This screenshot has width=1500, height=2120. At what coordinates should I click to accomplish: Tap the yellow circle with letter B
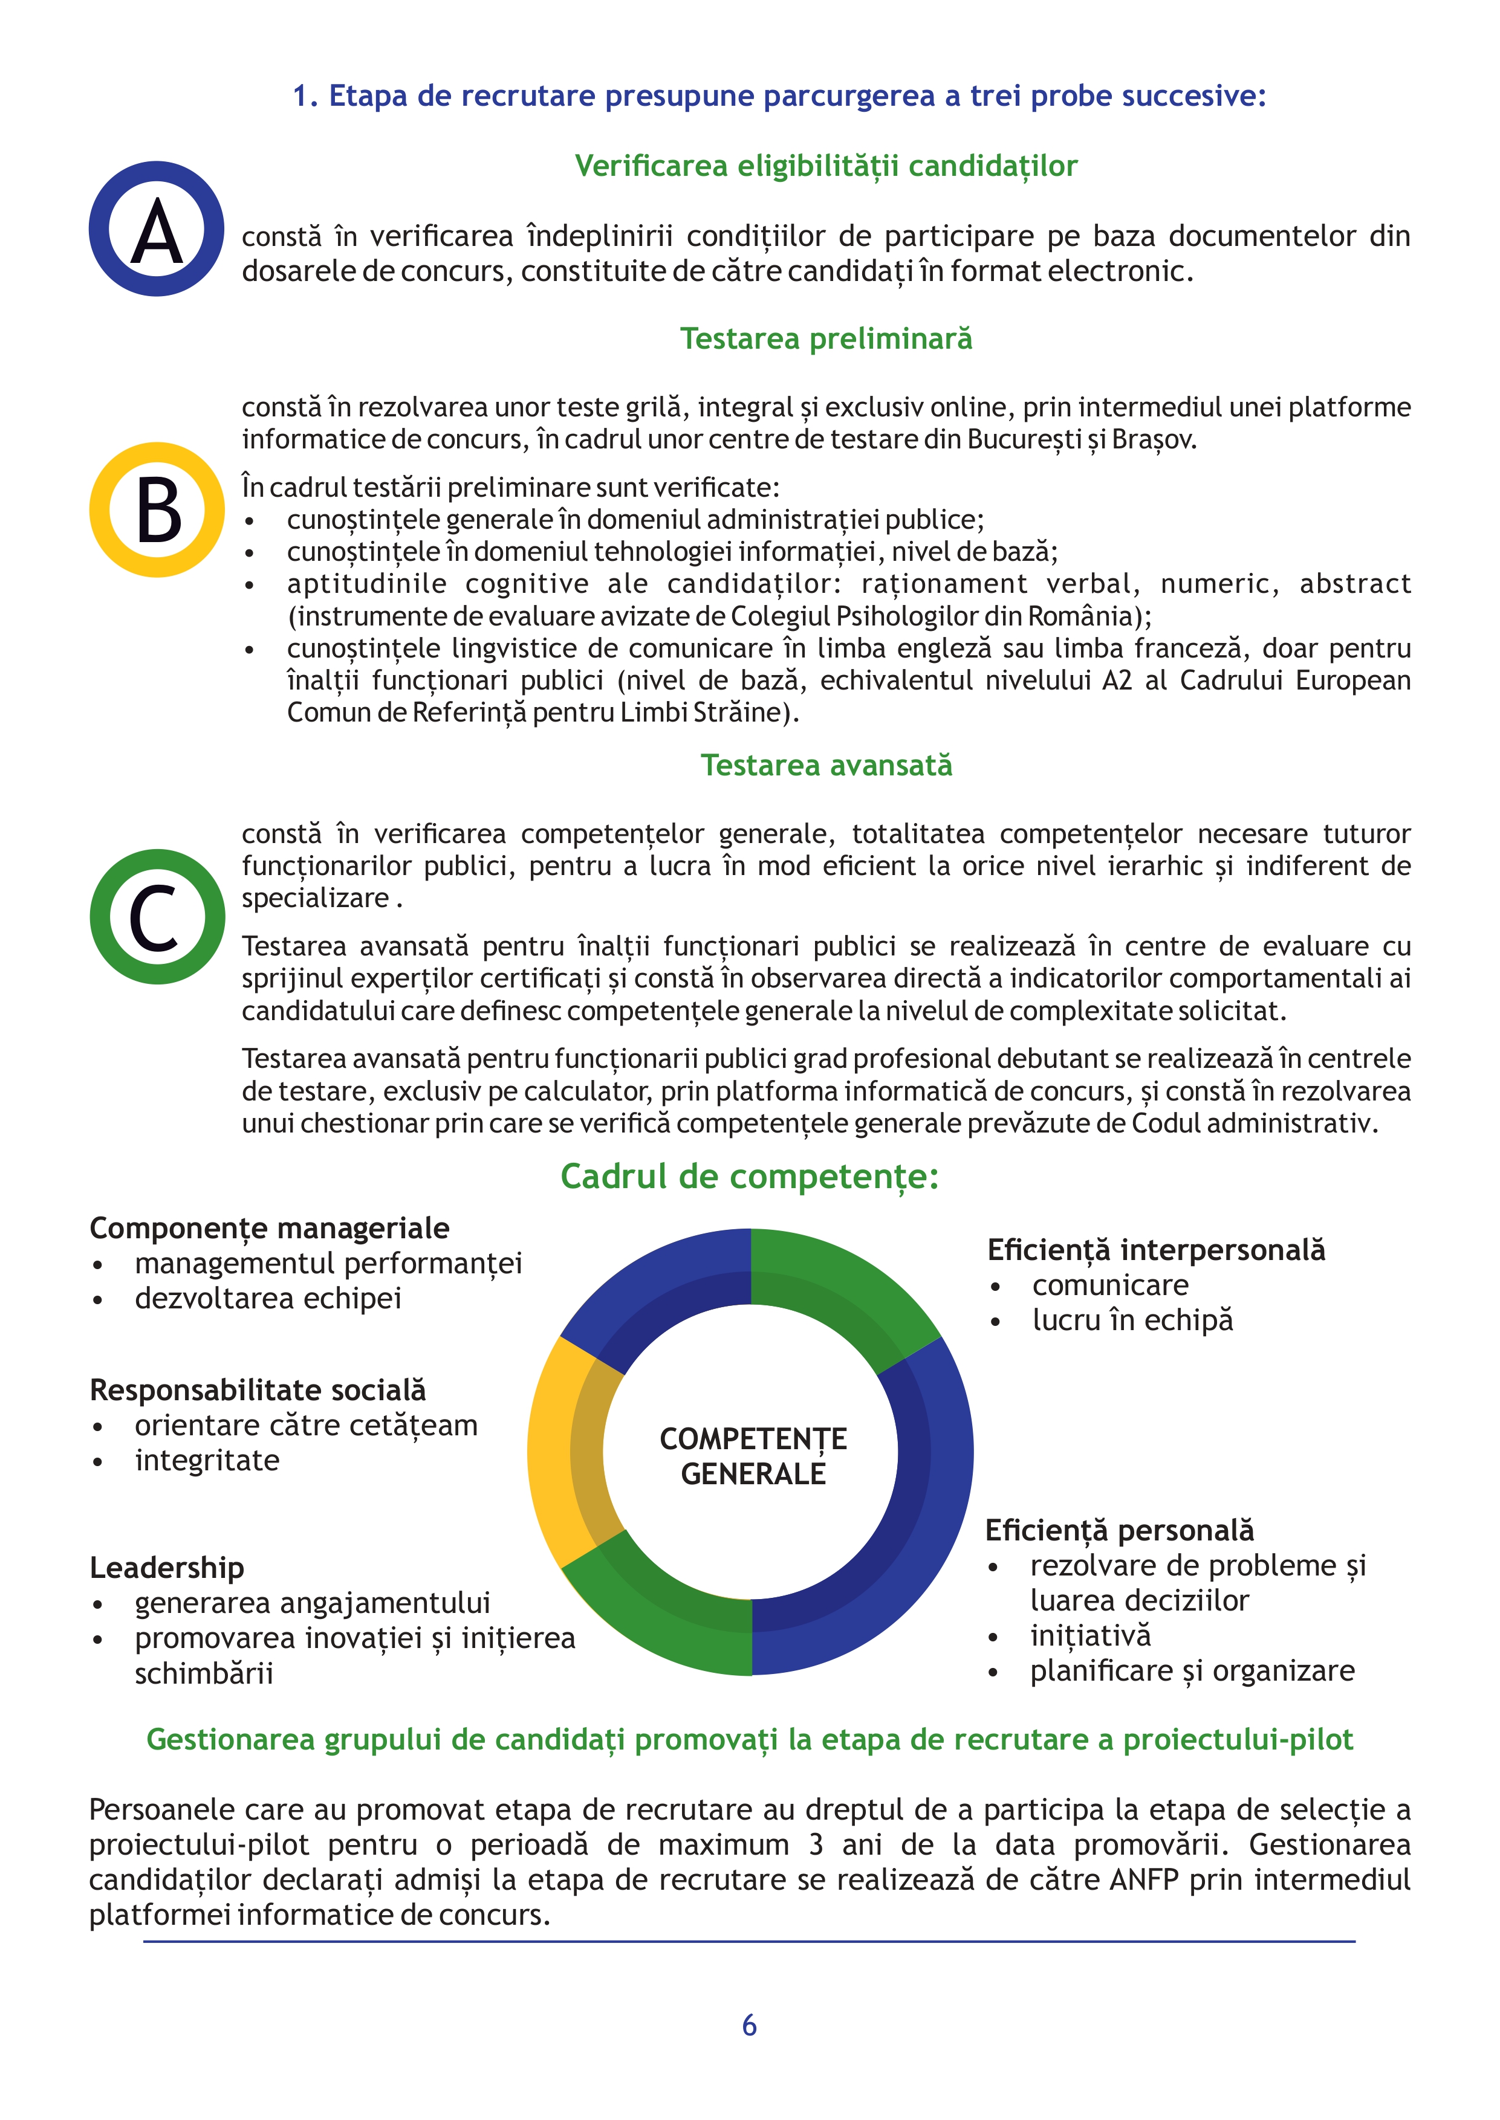pos(157,509)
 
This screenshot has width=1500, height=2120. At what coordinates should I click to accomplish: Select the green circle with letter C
pos(157,917)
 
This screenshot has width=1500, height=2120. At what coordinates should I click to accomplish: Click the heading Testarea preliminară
pos(826,339)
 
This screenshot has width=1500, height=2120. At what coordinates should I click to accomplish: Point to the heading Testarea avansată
pos(826,766)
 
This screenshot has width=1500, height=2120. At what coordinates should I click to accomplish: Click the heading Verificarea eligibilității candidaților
pos(826,166)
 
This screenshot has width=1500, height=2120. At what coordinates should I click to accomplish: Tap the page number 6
pos(749,2025)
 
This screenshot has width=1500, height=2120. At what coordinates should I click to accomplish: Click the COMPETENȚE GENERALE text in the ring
pos(753,1456)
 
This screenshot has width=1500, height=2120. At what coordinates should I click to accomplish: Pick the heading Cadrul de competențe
pos(749,1177)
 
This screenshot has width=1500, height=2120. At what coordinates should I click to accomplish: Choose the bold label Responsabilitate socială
pos(258,1389)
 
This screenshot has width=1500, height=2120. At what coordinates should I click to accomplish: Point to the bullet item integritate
pos(207,1461)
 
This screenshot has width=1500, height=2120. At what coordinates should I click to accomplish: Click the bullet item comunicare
pos(1110,1285)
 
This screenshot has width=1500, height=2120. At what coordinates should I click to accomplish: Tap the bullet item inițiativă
pos(1090,1635)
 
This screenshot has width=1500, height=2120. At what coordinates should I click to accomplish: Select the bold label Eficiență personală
pos(1120,1530)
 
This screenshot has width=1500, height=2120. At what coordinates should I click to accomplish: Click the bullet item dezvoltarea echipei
pos(268,1298)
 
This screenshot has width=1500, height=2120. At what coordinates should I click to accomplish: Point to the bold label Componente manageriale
pos(269,1228)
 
